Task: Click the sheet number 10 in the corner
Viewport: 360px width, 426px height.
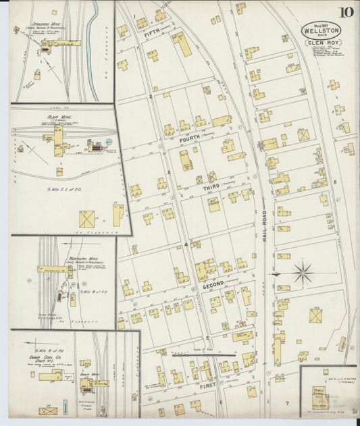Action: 346,11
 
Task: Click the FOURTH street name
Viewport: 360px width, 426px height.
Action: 193,140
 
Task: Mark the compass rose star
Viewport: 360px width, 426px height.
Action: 303,273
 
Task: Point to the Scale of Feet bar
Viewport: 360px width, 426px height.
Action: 203,353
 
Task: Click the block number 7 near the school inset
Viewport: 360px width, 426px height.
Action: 287,403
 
